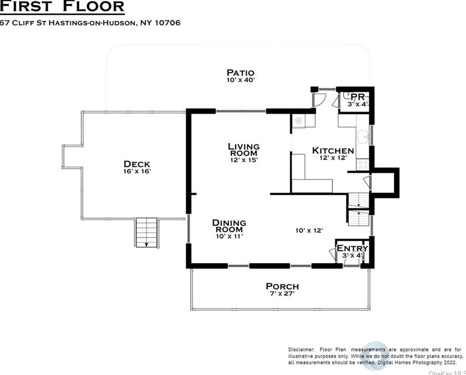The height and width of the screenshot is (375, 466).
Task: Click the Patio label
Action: (240, 72)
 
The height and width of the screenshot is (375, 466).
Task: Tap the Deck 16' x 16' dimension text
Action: (137, 171)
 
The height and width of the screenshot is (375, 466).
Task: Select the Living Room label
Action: (244, 149)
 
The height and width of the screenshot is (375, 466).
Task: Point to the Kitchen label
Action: (333, 151)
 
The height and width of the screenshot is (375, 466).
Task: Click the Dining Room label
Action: (229, 226)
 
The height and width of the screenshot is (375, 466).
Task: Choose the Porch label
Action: (282, 286)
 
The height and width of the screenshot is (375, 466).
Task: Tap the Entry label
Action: (352, 248)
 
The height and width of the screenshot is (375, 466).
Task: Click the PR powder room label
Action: (358, 97)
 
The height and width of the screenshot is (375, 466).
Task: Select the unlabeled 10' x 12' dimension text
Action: (309, 230)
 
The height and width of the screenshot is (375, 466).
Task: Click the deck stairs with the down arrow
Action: (147, 233)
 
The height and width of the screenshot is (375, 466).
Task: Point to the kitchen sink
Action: (363, 137)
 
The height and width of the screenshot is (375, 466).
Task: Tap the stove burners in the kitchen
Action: (363, 165)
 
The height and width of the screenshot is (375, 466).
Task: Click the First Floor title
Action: (62, 7)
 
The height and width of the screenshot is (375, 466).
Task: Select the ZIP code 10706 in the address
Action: (167, 23)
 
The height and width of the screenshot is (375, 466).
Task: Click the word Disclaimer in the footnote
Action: (301, 349)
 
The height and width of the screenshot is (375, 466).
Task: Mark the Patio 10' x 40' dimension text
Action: (240, 80)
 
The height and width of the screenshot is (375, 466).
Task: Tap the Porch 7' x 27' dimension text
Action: (282, 294)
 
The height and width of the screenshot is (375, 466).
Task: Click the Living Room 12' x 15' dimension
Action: (244, 160)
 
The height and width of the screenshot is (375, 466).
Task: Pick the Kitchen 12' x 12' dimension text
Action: (333, 158)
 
